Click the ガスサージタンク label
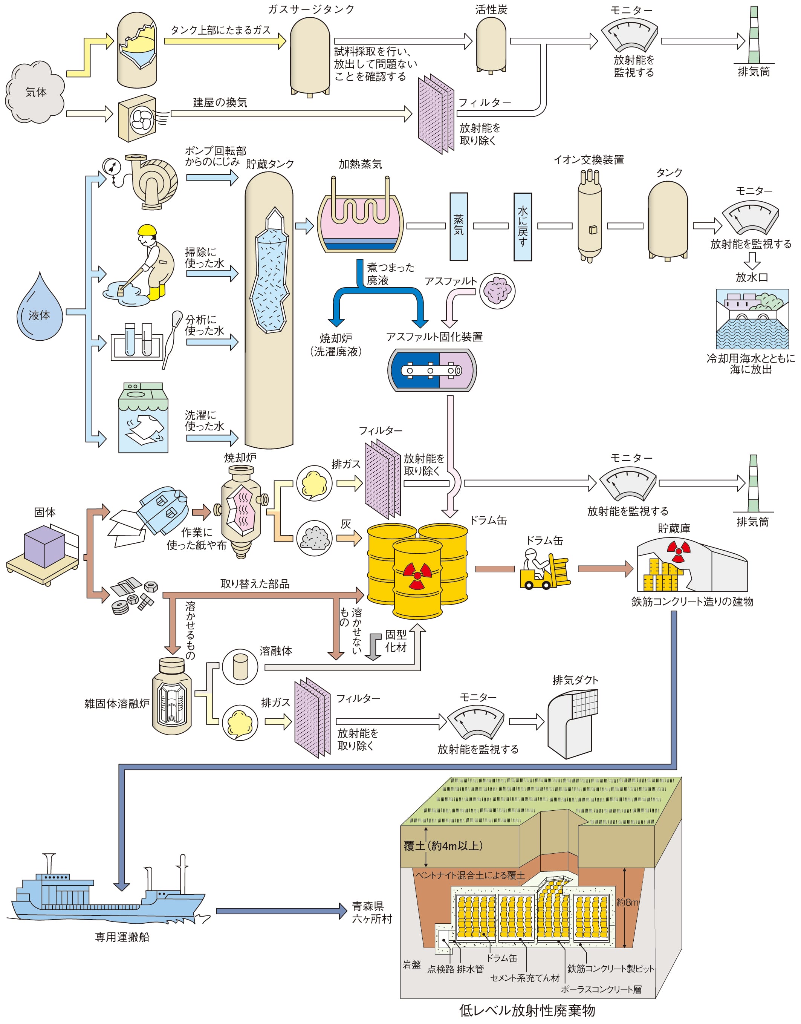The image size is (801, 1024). tap(311, 9)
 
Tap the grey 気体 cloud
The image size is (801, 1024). tap(35, 92)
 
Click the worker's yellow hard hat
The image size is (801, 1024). tap(147, 230)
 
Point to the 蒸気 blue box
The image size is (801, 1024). tap(458, 226)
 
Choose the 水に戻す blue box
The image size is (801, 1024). tap(523, 226)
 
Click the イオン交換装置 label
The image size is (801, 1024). tap(589, 160)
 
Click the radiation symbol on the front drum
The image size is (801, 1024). tap(417, 575)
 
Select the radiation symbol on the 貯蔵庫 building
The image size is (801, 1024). tap(678, 551)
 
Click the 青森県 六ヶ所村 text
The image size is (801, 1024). tap(371, 912)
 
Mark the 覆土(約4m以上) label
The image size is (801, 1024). tap(443, 846)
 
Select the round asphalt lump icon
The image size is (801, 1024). tap(497, 291)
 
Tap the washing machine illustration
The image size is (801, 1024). tap(143, 418)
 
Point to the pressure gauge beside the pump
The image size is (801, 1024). tap(112, 167)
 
